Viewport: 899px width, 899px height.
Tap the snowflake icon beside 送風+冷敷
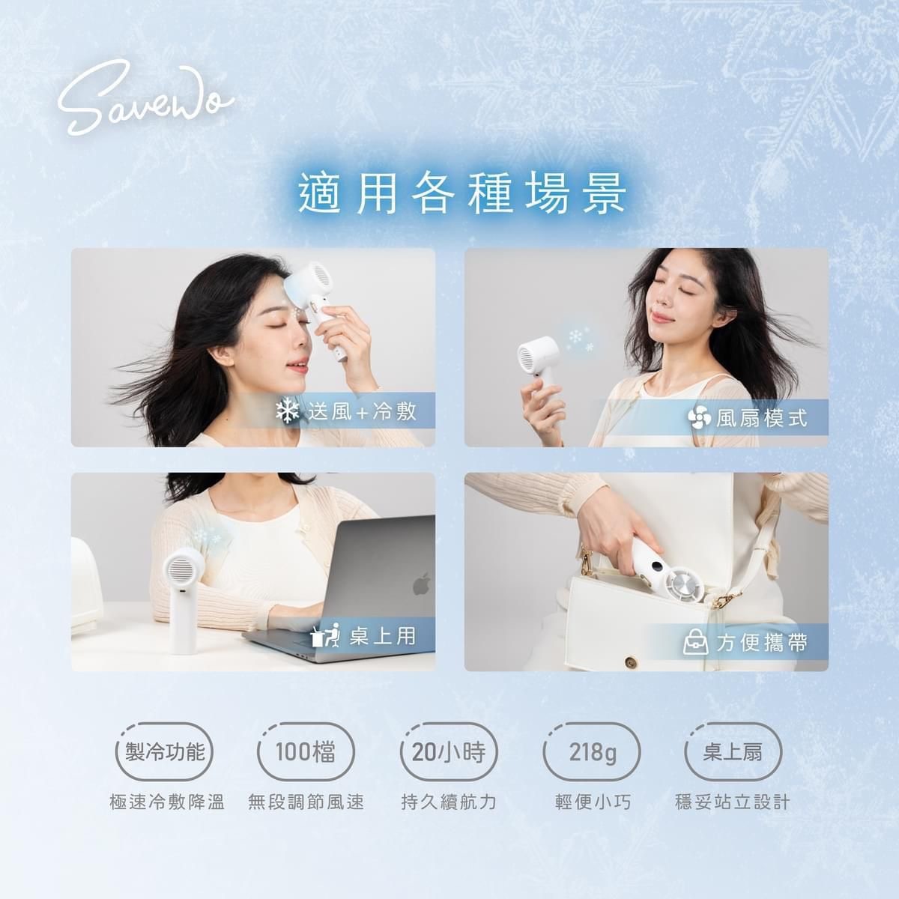click(287, 411)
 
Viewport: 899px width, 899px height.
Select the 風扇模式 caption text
click(761, 418)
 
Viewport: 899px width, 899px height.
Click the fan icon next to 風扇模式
click(699, 418)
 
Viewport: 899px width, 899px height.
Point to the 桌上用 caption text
click(382, 636)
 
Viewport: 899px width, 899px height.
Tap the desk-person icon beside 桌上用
click(324, 636)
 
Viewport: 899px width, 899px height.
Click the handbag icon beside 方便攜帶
click(695, 642)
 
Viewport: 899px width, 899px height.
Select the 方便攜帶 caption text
click(761, 642)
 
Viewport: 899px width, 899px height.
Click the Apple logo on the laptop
click(422, 584)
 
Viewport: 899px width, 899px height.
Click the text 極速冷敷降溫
click(166, 802)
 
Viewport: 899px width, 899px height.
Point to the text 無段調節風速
click(306, 802)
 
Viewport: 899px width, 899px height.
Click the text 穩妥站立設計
click(732, 802)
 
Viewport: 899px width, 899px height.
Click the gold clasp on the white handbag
click(630, 662)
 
